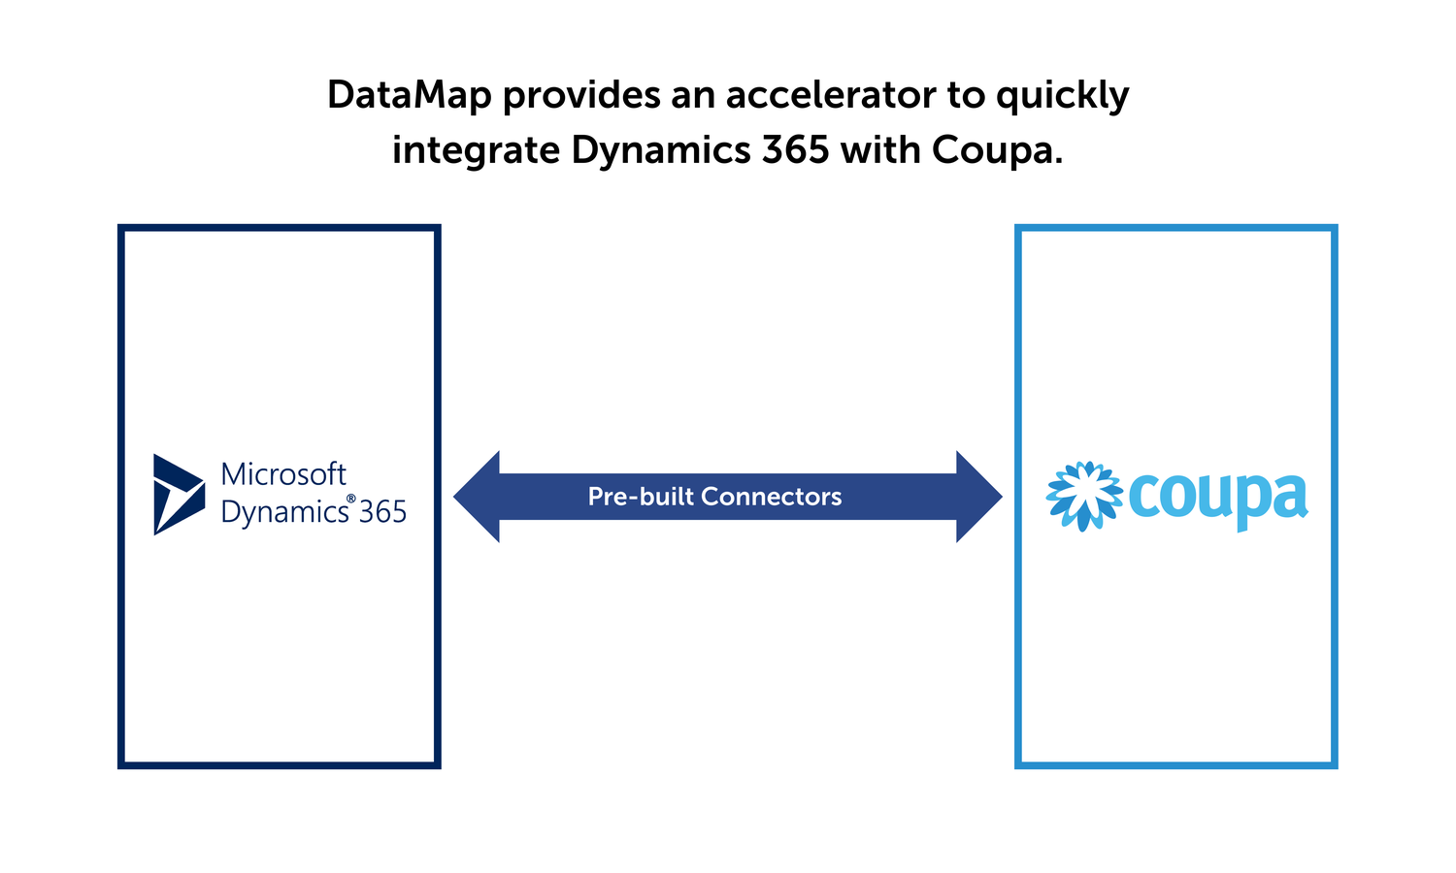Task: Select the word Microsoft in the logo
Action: click(283, 474)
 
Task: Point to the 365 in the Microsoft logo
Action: click(382, 512)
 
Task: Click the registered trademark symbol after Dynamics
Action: click(350, 499)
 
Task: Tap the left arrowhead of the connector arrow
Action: click(477, 497)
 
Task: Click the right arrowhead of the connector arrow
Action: click(979, 497)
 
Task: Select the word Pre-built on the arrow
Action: click(640, 497)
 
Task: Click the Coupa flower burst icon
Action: click(1084, 496)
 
